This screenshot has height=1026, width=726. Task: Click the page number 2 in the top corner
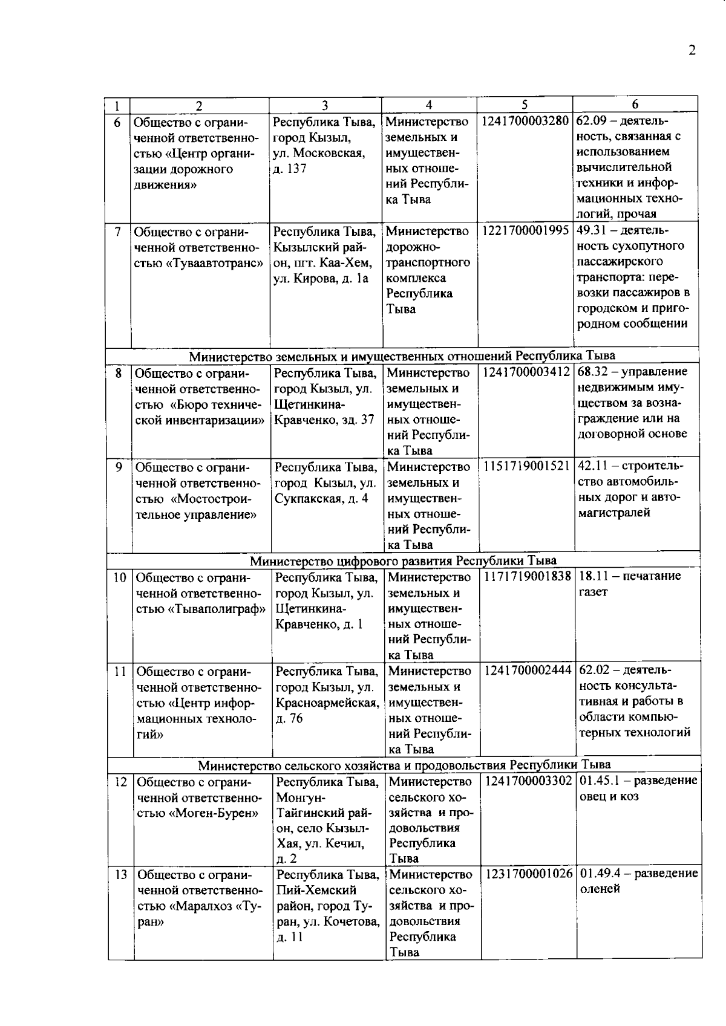click(692, 50)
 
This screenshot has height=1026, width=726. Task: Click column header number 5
click(525, 105)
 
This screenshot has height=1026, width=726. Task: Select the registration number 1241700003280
click(525, 121)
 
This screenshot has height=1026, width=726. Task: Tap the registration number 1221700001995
click(525, 231)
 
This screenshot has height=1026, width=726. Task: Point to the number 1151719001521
click(526, 466)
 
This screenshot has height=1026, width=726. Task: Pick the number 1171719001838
click(527, 576)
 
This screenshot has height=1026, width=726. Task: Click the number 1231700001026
click(528, 874)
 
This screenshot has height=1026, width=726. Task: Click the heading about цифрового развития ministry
click(403, 560)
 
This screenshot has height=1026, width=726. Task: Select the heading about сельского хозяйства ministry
click(404, 765)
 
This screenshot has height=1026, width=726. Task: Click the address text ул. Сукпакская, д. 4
click(321, 498)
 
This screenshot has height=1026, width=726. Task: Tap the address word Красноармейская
click(327, 703)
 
